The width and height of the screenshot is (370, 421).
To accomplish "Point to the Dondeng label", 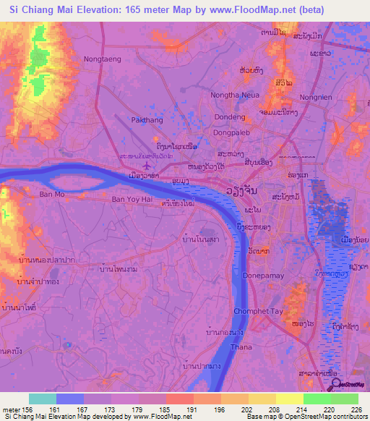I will point(230,119).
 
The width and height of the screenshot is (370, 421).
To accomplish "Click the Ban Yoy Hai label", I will point(132,197).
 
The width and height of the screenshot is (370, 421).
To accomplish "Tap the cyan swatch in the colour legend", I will point(42,399).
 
